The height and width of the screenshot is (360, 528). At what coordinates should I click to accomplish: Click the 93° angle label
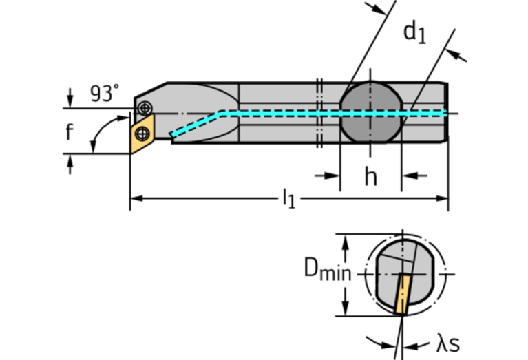tap(105, 94)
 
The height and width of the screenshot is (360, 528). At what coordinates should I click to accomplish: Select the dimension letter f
tap(69, 131)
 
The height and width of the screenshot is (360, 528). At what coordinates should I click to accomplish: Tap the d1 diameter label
tap(414, 32)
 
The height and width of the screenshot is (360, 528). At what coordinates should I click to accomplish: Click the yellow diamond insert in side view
tap(142, 135)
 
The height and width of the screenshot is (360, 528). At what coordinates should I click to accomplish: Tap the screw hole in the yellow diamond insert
tap(142, 134)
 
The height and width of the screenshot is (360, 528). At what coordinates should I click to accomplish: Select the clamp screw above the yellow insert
tap(144, 108)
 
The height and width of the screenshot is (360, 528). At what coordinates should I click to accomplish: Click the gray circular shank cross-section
tap(370, 112)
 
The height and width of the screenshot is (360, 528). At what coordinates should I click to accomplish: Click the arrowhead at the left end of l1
tap(135, 199)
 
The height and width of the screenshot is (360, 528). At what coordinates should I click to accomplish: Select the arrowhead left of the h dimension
tap(335, 176)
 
